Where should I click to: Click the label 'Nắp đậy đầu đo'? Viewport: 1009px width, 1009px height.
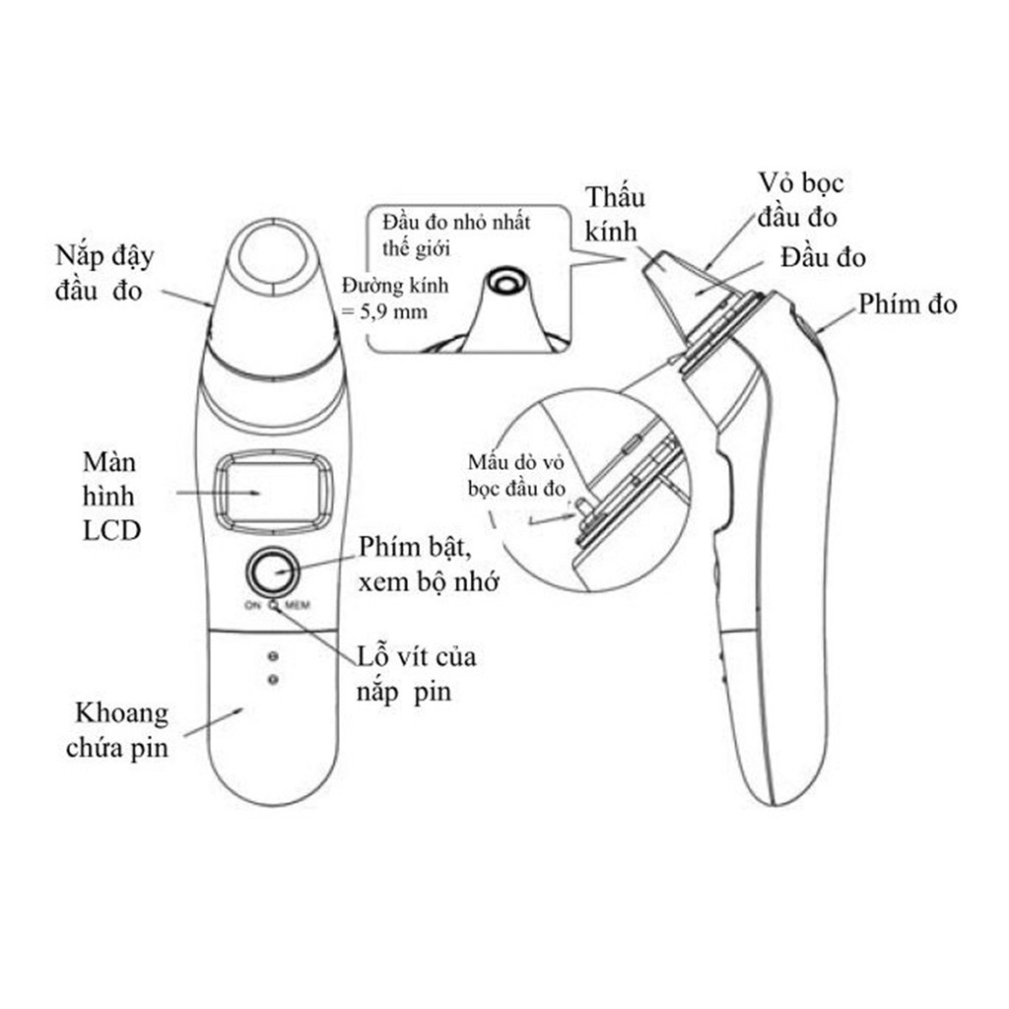coord(104,273)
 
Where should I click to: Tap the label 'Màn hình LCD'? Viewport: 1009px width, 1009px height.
coord(110,497)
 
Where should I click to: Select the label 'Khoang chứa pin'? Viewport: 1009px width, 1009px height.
coord(118,730)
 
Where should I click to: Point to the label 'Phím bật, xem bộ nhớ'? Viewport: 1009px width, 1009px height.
coord(429,565)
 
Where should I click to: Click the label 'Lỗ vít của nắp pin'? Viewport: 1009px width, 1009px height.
coord(417,674)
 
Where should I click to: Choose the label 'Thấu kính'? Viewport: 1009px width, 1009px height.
coord(614,214)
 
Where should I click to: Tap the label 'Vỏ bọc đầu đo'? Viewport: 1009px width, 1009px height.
coord(800,200)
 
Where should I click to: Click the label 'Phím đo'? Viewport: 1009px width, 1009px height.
coord(908,303)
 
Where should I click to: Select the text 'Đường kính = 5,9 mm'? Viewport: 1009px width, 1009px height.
coord(394,299)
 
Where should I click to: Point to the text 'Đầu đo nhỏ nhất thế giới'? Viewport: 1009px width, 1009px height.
coord(455,235)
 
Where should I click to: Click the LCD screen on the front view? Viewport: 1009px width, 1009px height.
coord(274,493)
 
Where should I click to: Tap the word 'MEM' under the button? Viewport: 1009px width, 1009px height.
coord(298,605)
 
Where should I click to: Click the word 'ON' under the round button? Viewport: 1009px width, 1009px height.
coord(252,605)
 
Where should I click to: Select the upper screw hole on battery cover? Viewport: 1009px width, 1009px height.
coord(273,656)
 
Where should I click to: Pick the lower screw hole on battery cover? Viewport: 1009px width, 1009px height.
coord(273,680)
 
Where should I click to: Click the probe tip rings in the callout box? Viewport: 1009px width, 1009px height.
coord(505,281)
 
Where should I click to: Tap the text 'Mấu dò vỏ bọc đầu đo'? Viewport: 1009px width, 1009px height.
coord(516,475)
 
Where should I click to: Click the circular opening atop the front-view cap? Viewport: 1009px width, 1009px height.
coord(274,256)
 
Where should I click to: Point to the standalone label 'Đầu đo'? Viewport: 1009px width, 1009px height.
coord(823,257)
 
